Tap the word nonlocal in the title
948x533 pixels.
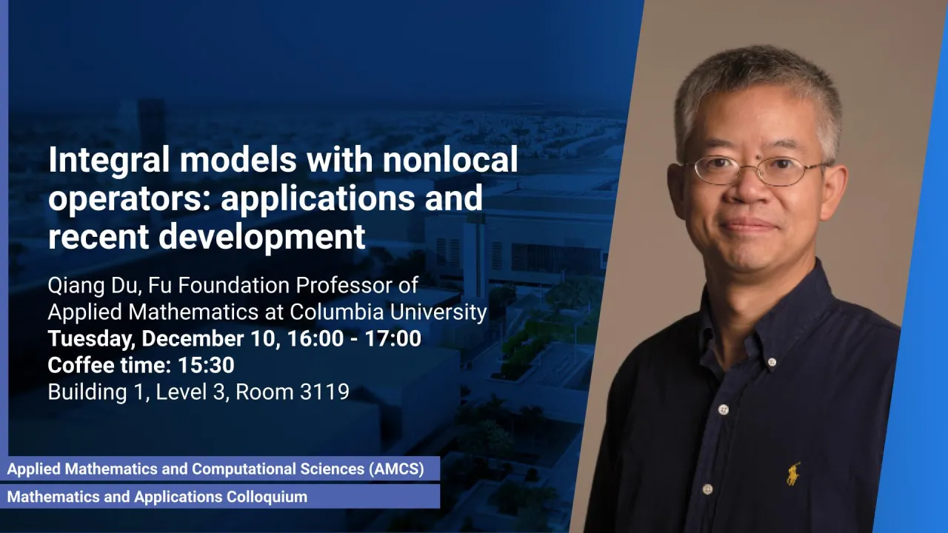click(450, 159)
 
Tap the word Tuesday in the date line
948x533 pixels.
click(91, 339)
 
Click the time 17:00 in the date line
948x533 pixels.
click(393, 338)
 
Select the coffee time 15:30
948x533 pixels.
click(206, 365)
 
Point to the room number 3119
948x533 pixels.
click(324, 392)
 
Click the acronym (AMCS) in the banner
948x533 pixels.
click(396, 469)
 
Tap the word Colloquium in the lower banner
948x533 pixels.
click(267, 497)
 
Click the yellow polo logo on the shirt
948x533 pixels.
click(793, 474)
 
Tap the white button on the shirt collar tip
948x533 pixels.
click(771, 362)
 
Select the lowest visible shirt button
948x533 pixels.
click(707, 490)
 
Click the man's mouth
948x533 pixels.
click(747, 224)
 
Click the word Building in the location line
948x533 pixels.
click(87, 392)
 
